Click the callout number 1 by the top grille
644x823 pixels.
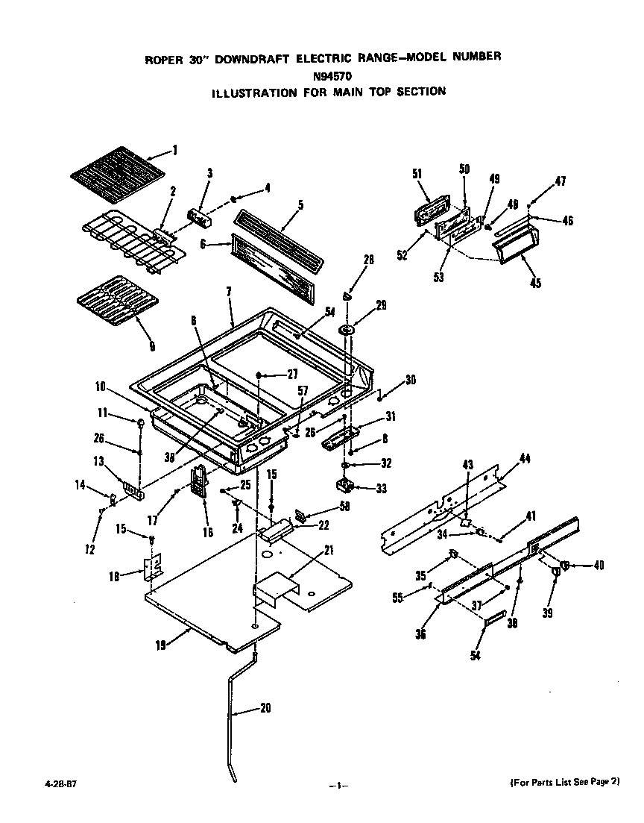174,151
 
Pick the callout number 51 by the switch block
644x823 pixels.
417,174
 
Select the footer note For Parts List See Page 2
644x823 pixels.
564,782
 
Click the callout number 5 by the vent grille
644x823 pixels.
300,204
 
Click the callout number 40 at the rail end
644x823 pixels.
598,565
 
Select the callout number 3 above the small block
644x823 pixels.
209,173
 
